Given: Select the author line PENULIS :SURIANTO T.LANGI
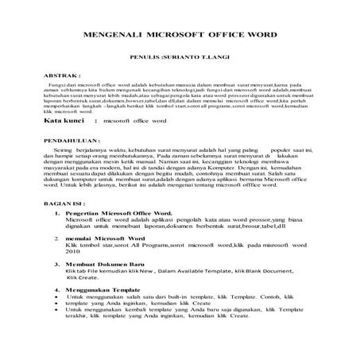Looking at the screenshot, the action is [179, 59].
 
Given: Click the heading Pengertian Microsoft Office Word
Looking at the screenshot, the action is [118, 215].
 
